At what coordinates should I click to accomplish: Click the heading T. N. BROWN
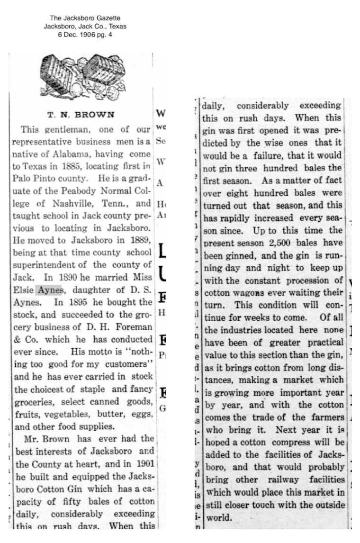point(81,114)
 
